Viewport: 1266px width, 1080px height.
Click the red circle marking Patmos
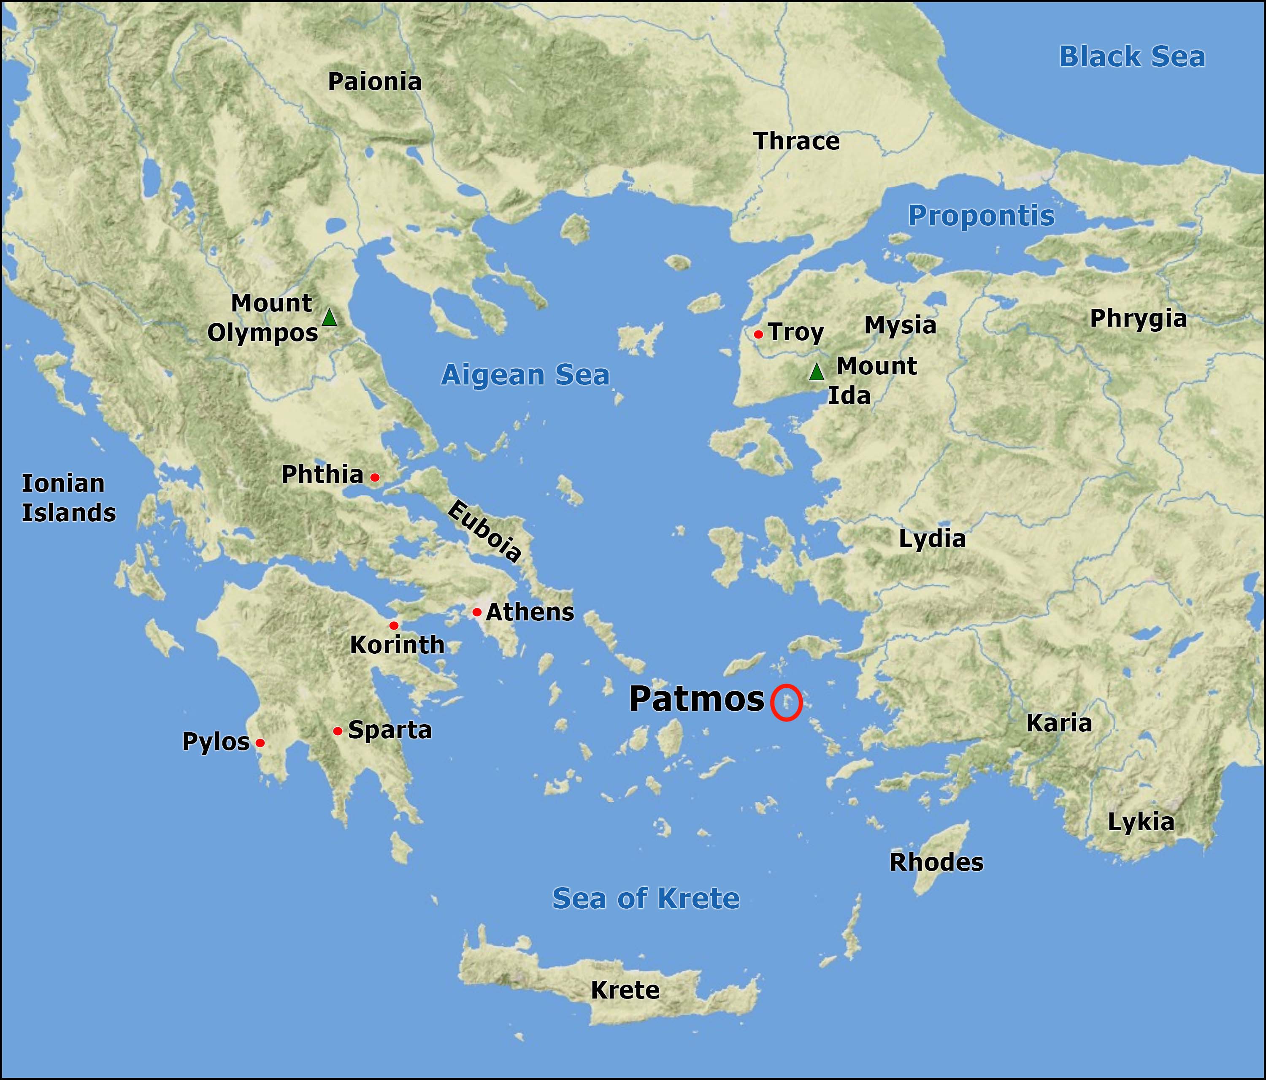(x=786, y=702)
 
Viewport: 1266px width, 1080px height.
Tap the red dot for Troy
(x=758, y=334)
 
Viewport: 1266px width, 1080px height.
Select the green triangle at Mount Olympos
(x=329, y=318)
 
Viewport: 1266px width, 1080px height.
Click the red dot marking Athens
(x=476, y=612)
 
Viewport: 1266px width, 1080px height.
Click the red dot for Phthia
(x=375, y=477)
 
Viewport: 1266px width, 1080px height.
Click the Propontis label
(x=981, y=216)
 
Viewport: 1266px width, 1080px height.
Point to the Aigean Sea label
(x=525, y=375)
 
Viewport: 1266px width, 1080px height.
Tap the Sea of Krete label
(x=646, y=899)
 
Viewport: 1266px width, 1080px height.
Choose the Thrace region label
(x=797, y=141)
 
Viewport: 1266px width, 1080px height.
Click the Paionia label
(x=375, y=82)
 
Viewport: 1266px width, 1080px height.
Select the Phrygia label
(x=1138, y=319)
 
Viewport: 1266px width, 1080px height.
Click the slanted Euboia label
(x=484, y=531)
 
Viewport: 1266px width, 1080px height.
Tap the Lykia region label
(x=1141, y=823)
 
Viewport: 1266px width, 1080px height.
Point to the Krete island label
(x=625, y=990)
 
